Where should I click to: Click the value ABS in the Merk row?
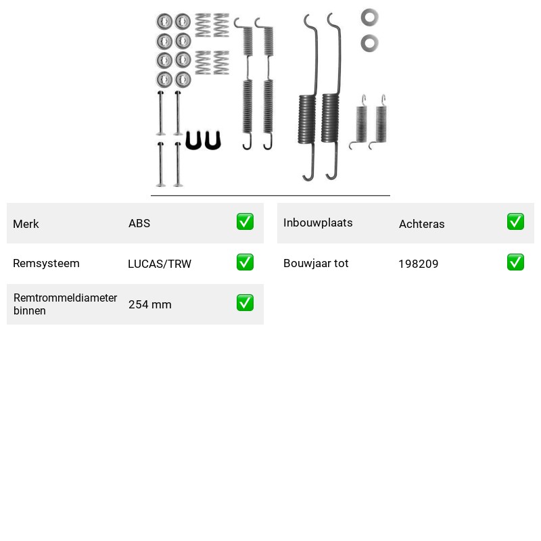click(139, 223)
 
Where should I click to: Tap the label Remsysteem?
click(46, 263)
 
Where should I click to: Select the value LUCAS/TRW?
click(160, 264)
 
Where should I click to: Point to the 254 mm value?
click(149, 304)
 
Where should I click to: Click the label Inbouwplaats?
click(318, 222)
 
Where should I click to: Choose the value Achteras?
click(421, 224)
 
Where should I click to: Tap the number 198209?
click(418, 264)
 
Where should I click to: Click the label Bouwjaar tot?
click(316, 263)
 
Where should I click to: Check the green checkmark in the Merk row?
click(245, 222)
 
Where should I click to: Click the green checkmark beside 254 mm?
click(245, 302)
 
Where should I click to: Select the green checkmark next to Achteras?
click(515, 222)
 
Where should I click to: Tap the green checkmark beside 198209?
click(515, 262)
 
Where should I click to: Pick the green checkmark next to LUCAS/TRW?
click(245, 262)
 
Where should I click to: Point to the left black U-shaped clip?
click(188, 140)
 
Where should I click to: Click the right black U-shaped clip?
click(208, 140)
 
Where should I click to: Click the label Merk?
click(26, 224)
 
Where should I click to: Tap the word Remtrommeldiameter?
click(65, 298)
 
